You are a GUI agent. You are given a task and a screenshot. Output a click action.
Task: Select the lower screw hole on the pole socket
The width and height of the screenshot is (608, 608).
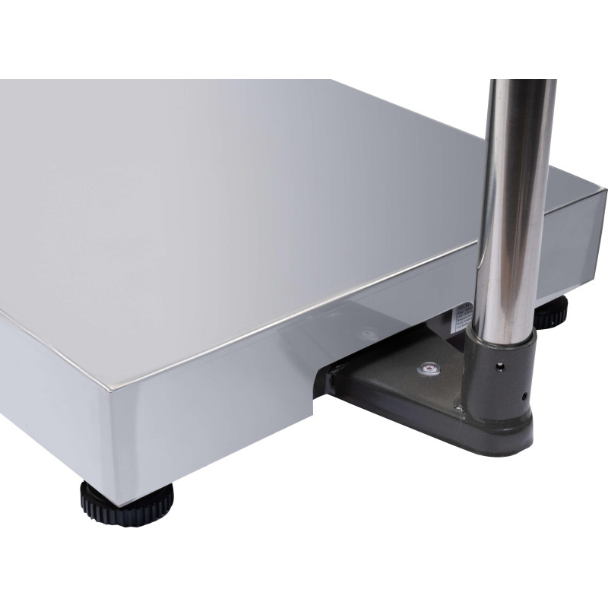(x=524, y=396)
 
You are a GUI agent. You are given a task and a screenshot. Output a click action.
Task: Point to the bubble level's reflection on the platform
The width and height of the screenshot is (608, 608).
(x=370, y=332)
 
